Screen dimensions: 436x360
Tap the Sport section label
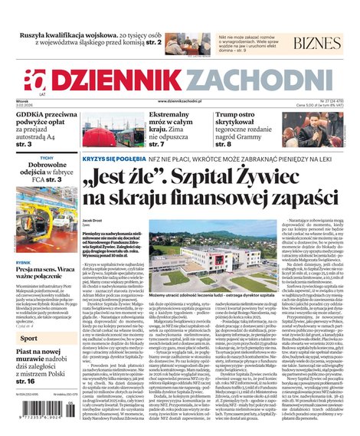point(28,338)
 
